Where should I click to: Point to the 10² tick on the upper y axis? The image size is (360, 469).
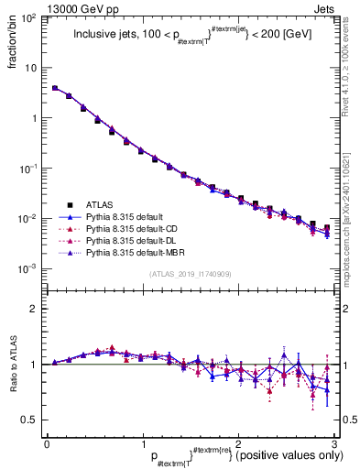[x=30, y=18]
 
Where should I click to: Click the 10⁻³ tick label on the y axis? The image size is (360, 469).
[x=30, y=269]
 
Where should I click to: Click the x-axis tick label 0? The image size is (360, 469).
[x=46, y=442]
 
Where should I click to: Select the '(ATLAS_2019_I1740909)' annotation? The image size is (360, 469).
[x=190, y=274]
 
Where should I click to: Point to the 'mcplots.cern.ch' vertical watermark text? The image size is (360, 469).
[x=350, y=211]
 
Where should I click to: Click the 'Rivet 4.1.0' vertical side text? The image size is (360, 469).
[x=350, y=73]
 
